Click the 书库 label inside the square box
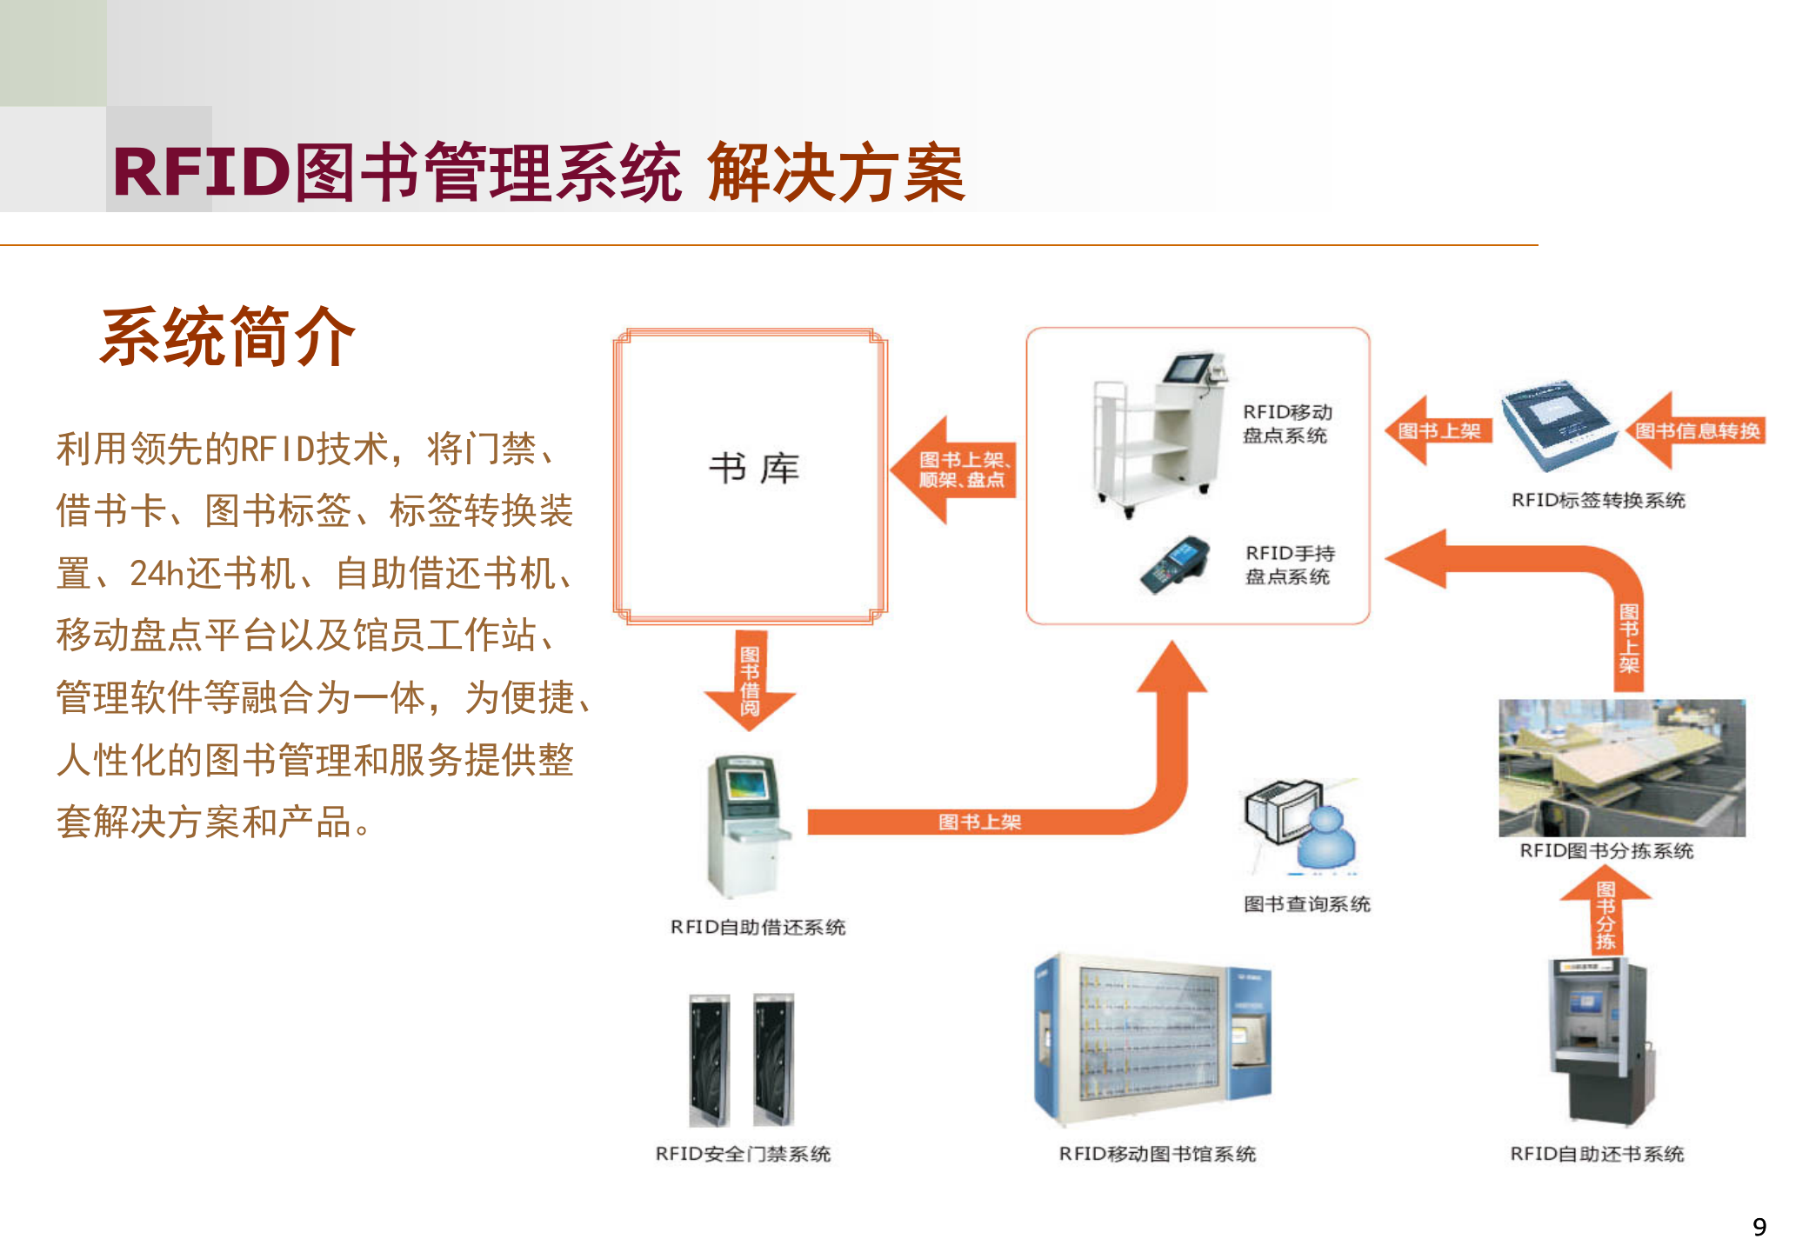753,469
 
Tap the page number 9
1759,1227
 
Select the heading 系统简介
228,336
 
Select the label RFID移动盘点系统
1286,423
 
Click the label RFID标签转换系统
1598,501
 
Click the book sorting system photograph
1621,767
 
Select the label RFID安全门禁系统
743,1154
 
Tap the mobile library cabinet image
1152,1039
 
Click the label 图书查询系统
1306,904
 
